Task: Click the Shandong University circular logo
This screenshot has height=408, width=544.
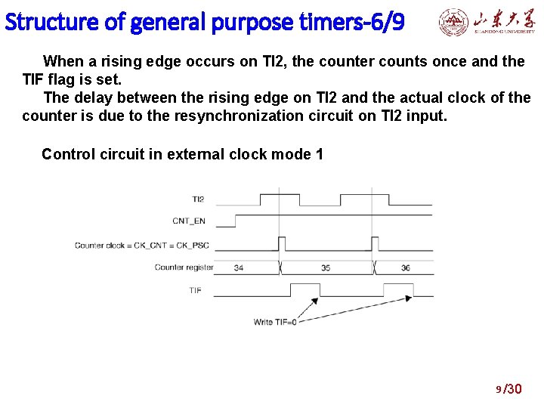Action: [x=454, y=23]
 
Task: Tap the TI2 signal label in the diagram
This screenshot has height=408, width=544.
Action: [x=197, y=199]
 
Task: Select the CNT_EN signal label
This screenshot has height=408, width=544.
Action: [x=188, y=221]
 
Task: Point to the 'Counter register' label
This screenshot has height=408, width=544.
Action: [x=184, y=267]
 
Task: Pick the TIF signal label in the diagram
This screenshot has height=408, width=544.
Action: [x=195, y=290]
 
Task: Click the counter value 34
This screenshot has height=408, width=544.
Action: [x=239, y=267]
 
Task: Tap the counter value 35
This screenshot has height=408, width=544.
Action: [x=326, y=267]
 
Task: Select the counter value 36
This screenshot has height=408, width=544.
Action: [x=406, y=267]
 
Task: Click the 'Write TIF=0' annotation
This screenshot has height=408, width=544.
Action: [x=275, y=322]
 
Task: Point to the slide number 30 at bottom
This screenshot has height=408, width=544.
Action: [x=514, y=389]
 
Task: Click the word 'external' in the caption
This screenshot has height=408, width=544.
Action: [x=215, y=154]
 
